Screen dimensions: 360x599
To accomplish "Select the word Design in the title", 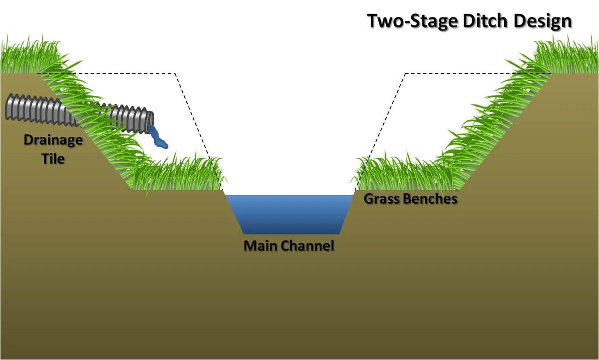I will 545,21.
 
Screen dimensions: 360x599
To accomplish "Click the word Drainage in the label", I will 53,140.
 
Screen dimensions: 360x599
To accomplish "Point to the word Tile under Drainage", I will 53,159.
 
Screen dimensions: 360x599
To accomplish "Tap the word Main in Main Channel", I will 260,246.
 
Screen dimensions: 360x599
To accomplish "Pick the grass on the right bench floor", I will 399,175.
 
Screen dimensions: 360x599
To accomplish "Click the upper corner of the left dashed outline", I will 175,73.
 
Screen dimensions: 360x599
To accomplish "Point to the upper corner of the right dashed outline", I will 406,73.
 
